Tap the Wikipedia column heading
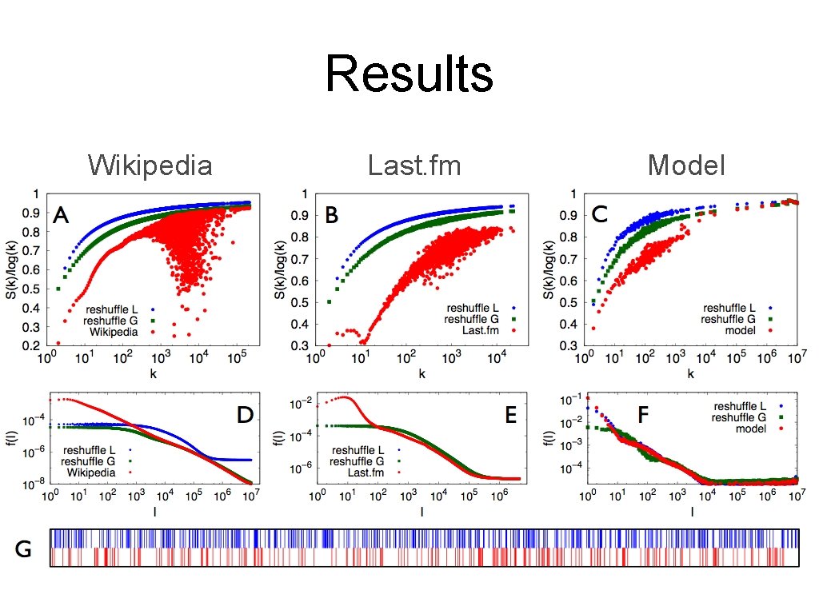click(150, 165)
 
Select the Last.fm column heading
click(414, 165)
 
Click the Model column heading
click(686, 165)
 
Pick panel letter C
click(601, 214)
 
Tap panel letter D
click(245, 415)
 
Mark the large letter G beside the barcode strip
click(23, 550)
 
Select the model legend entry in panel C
click(739, 331)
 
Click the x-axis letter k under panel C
click(690, 373)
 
